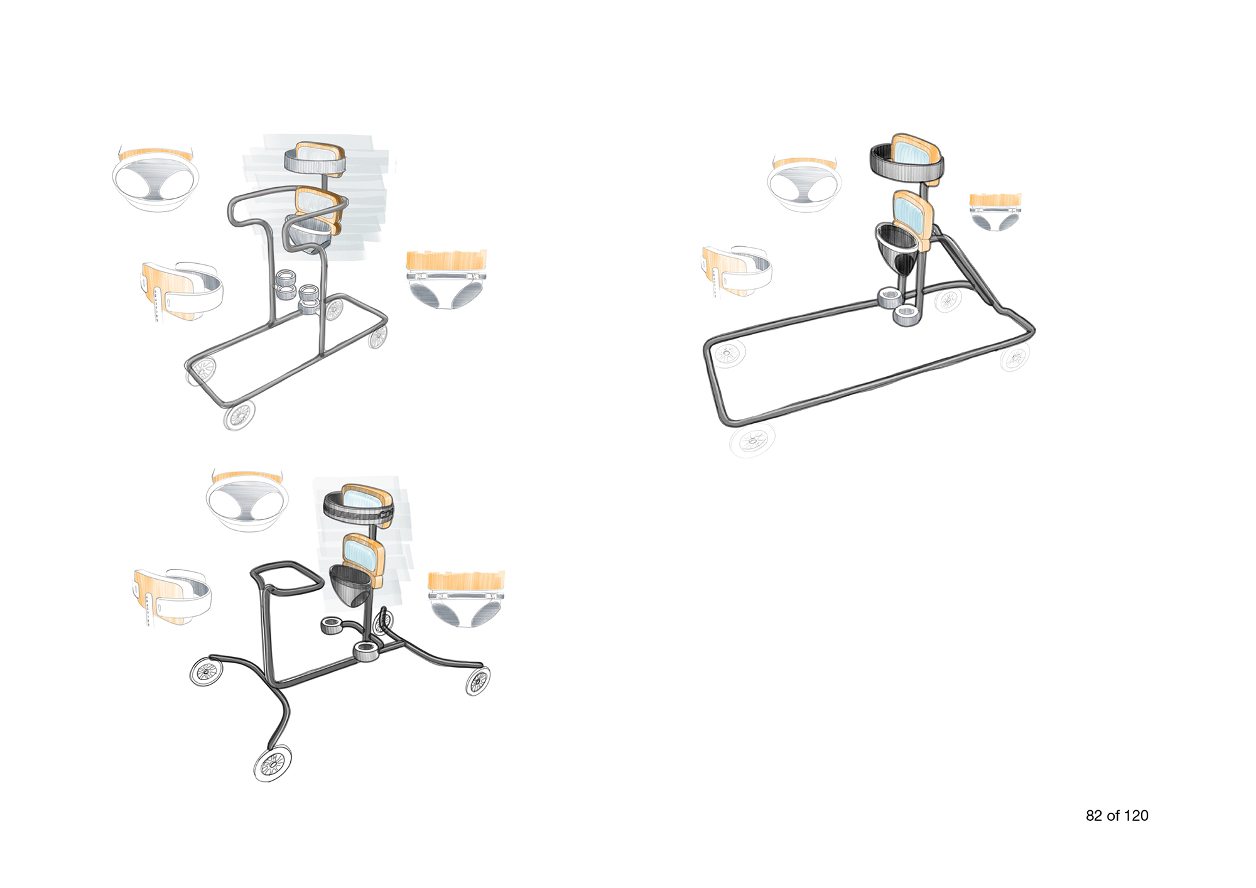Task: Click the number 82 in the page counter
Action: (x=1094, y=816)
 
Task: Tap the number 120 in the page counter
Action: (x=1136, y=816)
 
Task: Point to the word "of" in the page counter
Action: (x=1113, y=816)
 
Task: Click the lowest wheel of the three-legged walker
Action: (x=273, y=764)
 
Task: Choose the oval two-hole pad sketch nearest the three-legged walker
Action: (x=247, y=501)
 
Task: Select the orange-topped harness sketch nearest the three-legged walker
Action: (x=467, y=600)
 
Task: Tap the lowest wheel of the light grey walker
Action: (x=239, y=414)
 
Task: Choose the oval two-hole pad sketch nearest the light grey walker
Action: (x=156, y=180)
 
